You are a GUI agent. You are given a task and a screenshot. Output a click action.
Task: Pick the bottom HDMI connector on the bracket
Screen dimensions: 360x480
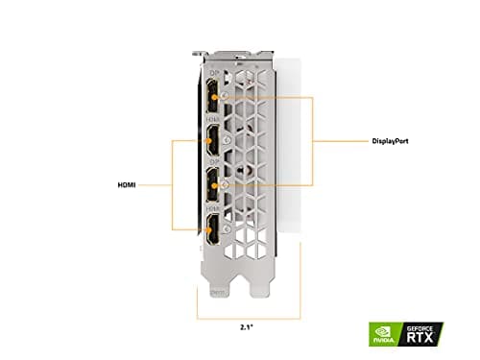tap(210, 233)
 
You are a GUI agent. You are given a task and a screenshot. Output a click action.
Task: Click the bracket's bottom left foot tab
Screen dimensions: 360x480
tap(217, 285)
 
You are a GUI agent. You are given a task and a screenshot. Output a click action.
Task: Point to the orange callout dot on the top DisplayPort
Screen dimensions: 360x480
tap(224, 97)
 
